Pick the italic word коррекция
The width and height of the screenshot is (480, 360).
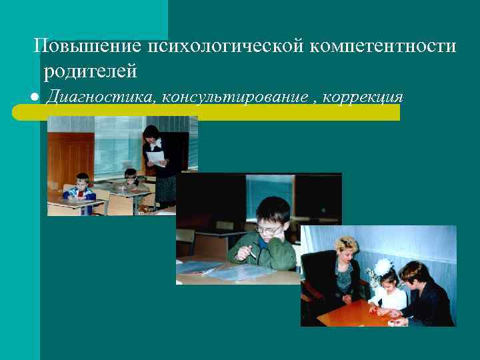[x=363, y=97]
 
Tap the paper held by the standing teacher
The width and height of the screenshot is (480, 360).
[x=156, y=159]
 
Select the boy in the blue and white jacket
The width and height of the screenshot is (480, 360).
[x=80, y=190]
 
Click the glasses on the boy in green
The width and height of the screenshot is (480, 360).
[x=268, y=229]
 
